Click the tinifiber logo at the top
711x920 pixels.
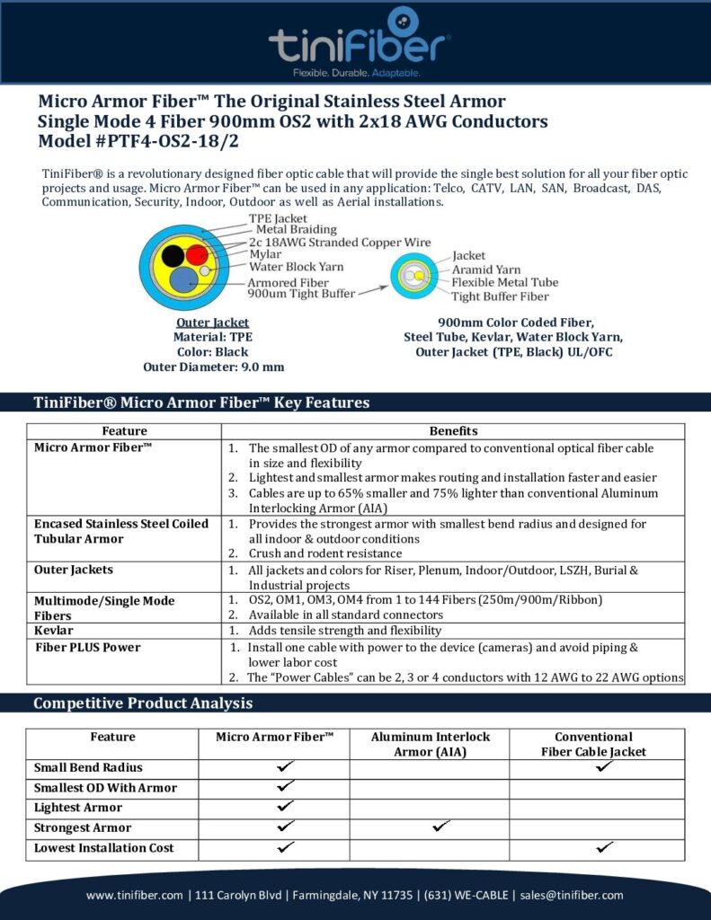pos(359,42)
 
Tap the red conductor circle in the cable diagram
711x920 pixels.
pos(196,255)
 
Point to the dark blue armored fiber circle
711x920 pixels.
pos(184,279)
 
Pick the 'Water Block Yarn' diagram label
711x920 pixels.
pos(296,266)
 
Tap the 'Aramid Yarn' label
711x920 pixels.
pos(485,270)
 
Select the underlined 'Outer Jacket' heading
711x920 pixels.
pos(213,323)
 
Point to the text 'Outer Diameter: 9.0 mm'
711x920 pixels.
pos(213,367)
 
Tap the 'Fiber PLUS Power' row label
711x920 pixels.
pos(87,647)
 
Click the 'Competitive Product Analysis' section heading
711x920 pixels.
pos(143,703)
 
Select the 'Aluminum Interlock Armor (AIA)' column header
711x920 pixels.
pos(430,744)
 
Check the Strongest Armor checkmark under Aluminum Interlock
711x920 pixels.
pos(441,827)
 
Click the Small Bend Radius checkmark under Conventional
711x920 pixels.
pos(605,766)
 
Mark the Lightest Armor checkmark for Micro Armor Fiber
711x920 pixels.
pos(286,807)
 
